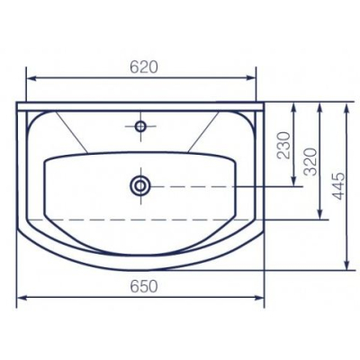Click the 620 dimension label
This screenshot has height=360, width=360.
tap(144, 67)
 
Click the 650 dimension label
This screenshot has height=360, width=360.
tap(144, 286)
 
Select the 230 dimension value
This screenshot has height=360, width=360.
tap(283, 145)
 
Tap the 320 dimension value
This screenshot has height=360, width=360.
tap(310, 162)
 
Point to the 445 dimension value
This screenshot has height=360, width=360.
tap(339, 185)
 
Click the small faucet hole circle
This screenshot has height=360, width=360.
tap(140, 126)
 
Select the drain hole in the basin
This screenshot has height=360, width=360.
tap(140, 186)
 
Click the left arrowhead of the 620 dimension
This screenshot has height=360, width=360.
tap(31, 78)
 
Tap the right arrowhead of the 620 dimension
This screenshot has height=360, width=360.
tap(251, 78)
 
